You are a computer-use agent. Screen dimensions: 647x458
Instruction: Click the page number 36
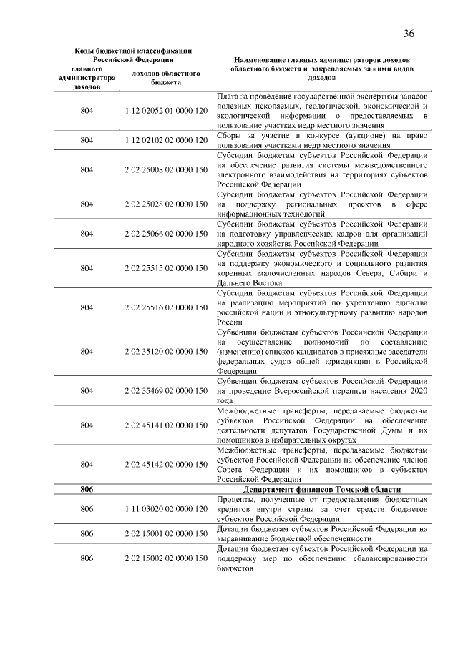click(409, 34)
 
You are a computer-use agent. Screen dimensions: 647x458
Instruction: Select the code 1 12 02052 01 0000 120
click(165, 112)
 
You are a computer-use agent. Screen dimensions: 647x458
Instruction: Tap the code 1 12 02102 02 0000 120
click(165, 140)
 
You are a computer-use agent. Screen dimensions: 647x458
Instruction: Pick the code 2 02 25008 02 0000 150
click(165, 169)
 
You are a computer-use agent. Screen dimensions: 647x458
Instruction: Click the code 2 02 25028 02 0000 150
click(165, 204)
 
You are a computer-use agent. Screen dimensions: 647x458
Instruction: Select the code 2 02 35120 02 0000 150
click(165, 351)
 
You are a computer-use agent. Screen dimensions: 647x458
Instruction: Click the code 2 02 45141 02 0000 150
click(165, 425)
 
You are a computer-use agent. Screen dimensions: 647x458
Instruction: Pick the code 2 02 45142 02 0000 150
click(165, 464)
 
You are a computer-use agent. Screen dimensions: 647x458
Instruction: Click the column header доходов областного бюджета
click(165, 77)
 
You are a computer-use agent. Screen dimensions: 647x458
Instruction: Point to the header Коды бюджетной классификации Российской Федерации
click(134, 54)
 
